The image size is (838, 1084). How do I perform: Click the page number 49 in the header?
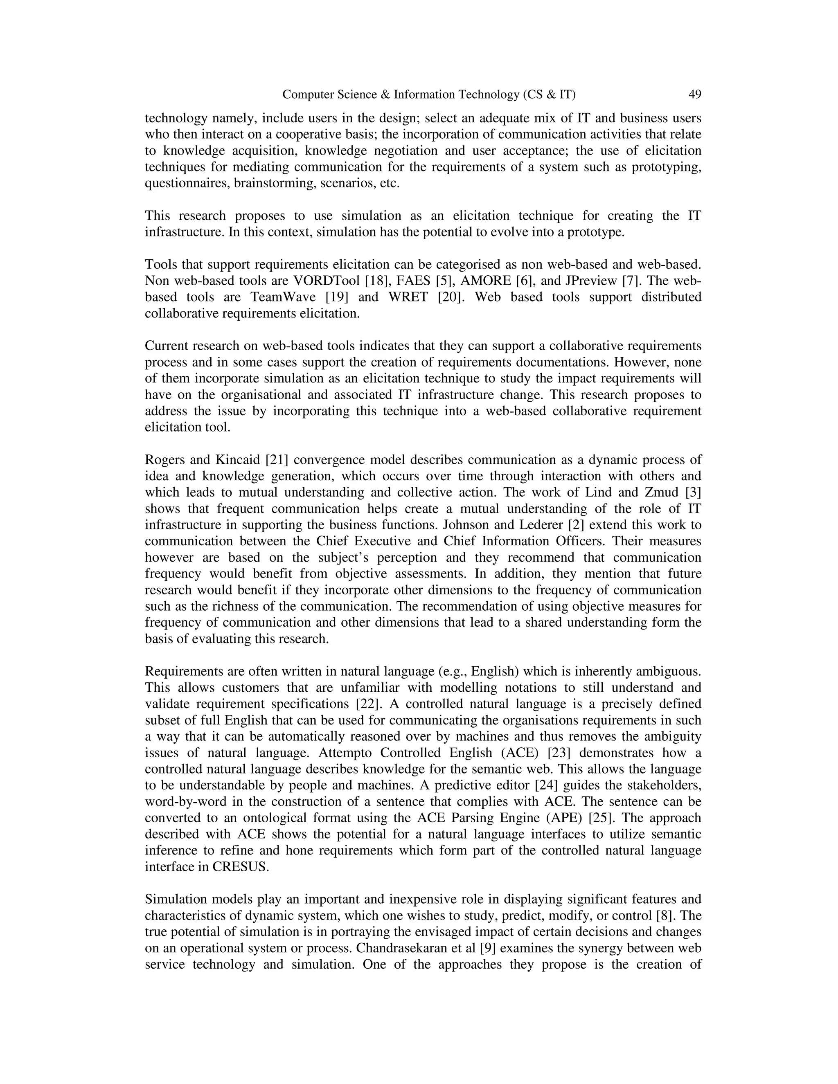pyautogui.click(x=694, y=94)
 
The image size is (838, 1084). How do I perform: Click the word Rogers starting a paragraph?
pyautogui.click(x=163, y=460)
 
